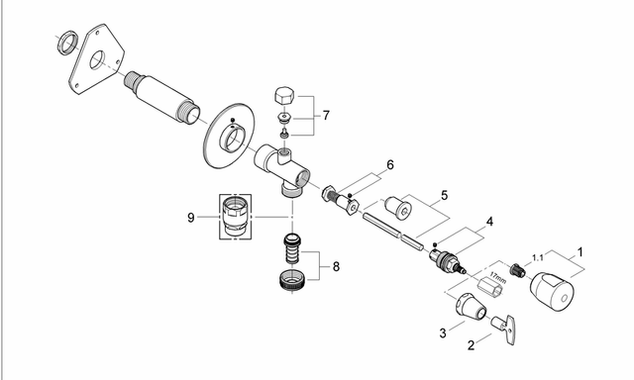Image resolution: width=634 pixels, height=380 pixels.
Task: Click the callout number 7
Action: click(326, 116)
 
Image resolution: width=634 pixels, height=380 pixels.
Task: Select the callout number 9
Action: click(191, 218)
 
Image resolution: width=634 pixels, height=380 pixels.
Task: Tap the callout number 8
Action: click(336, 266)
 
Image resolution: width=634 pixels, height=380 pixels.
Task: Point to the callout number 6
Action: click(389, 164)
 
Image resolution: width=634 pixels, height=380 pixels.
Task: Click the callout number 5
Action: click(445, 196)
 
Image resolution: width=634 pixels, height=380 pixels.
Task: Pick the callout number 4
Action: click(489, 222)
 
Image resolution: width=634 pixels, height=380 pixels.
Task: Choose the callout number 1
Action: click(581, 252)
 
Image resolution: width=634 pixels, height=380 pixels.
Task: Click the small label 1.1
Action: click(538, 257)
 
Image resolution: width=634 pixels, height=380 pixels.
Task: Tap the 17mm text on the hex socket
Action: click(497, 277)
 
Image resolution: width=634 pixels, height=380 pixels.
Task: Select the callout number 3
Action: click(443, 333)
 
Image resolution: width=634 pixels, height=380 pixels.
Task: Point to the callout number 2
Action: click(471, 345)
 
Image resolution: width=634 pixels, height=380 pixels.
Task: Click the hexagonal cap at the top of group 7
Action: click(284, 96)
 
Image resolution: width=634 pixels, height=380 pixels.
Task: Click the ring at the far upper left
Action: click(67, 43)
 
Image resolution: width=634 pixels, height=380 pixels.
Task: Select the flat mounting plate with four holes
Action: click(96, 59)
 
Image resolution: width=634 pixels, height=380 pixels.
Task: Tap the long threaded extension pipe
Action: click(162, 98)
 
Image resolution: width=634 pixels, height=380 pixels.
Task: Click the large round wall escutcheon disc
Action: click(229, 137)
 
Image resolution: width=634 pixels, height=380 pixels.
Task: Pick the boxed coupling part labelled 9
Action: click(236, 217)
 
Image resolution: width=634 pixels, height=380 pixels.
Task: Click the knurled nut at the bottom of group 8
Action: click(292, 279)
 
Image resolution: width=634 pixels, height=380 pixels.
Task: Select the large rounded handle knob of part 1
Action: click(553, 292)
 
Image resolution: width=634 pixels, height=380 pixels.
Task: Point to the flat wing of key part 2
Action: click(510, 331)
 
